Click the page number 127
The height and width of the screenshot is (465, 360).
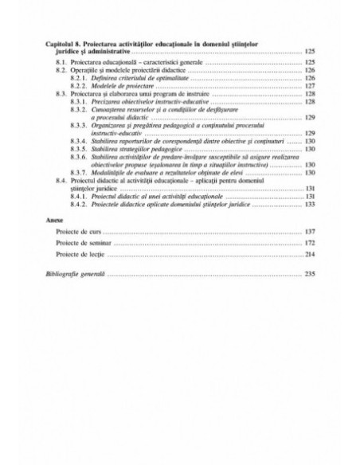click(x=311, y=85)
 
